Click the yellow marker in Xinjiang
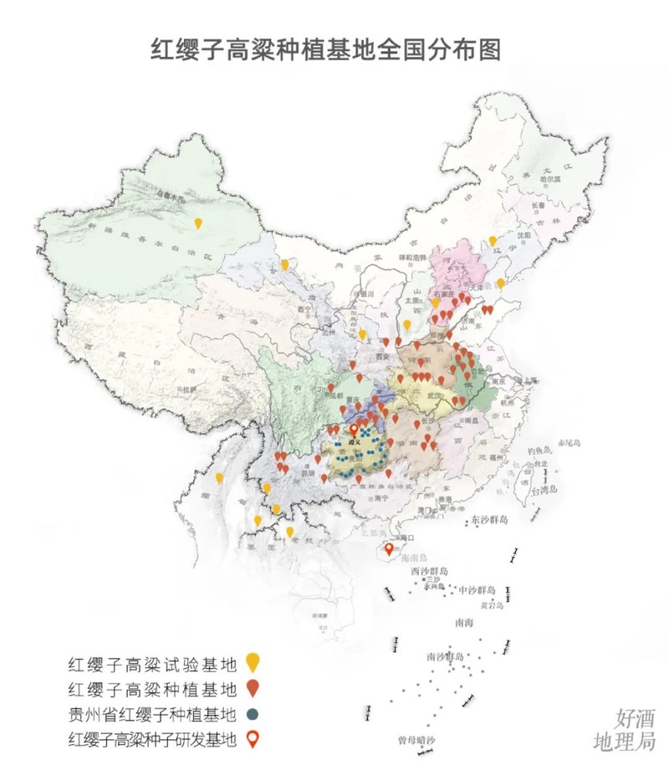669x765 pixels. coord(198,222)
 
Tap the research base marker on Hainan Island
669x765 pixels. coord(388,549)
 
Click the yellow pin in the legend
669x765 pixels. coord(253,664)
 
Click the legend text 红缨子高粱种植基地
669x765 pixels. coord(153,690)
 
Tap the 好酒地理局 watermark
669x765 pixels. coord(623,730)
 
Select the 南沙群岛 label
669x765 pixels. coord(445,656)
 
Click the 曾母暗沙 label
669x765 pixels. coord(416,740)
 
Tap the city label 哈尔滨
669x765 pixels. coord(548,179)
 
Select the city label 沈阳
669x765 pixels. coord(523,237)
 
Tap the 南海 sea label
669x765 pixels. coord(464,622)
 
